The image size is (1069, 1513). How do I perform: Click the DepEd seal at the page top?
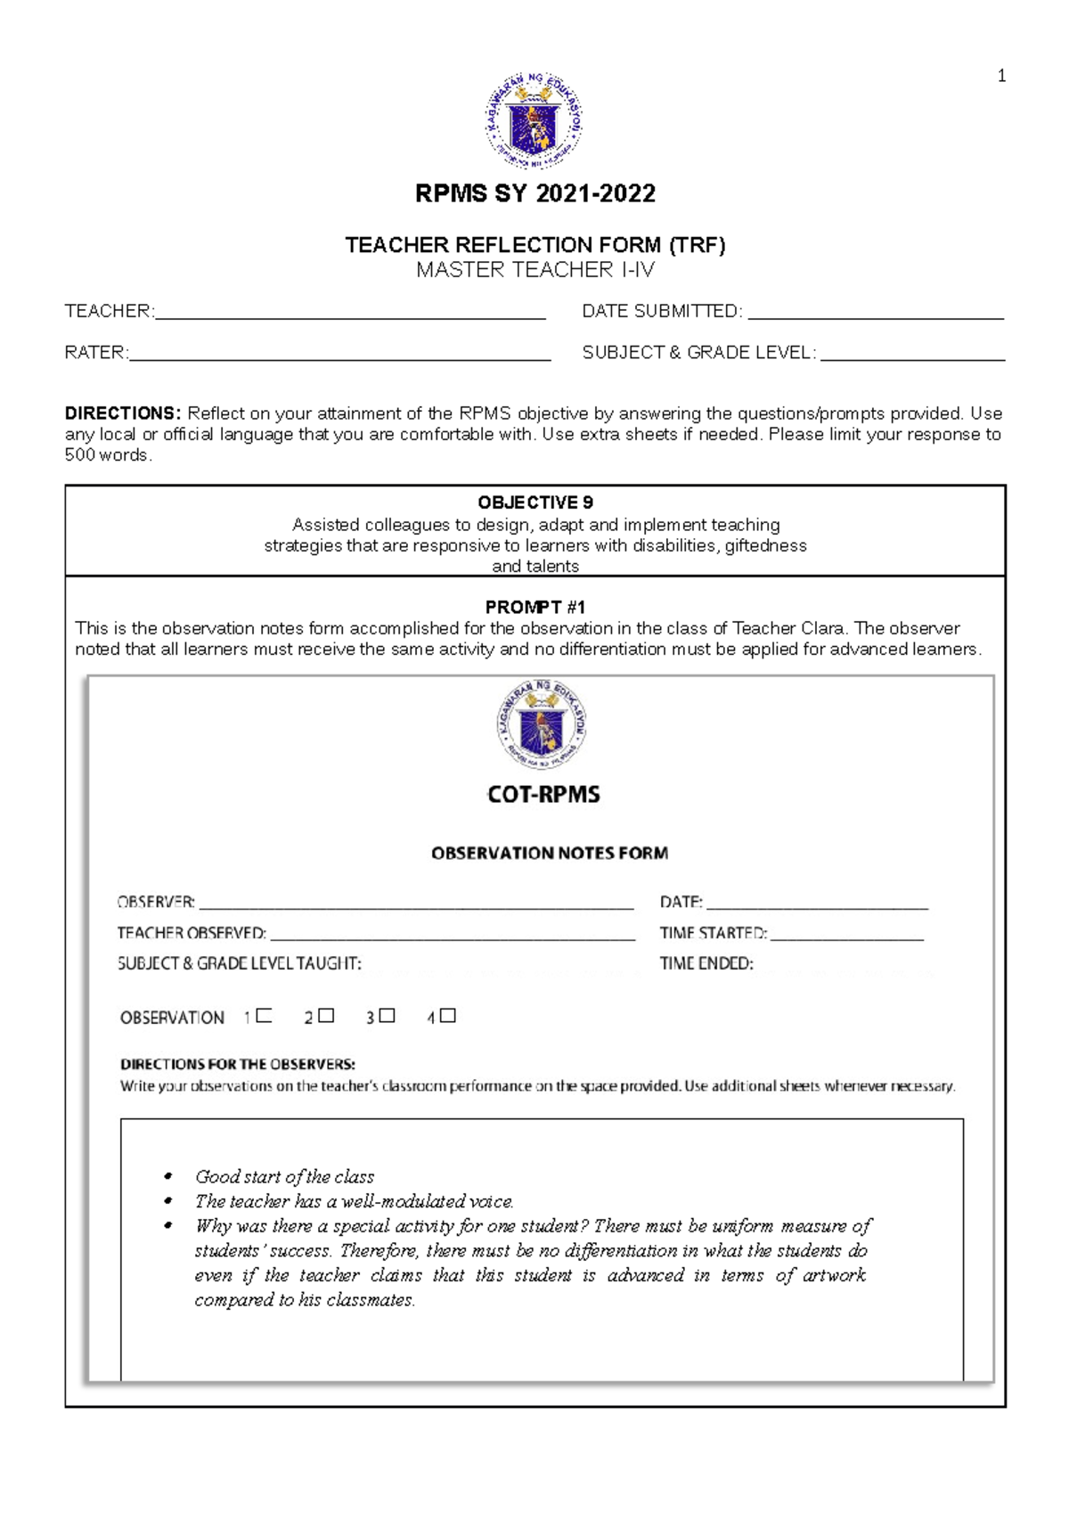click(534, 121)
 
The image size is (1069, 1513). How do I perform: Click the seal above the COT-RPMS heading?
click(542, 724)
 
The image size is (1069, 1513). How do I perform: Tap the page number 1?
click(1001, 77)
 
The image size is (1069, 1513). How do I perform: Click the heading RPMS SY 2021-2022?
click(534, 193)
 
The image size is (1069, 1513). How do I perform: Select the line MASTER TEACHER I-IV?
click(534, 269)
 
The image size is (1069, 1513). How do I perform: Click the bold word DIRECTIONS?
click(123, 413)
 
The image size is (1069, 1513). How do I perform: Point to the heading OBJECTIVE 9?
click(534, 503)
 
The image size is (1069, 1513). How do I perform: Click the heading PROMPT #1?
click(534, 607)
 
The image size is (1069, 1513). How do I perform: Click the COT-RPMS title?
click(543, 794)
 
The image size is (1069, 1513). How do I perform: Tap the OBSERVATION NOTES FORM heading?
click(550, 853)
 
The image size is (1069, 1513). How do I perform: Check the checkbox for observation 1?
click(264, 1016)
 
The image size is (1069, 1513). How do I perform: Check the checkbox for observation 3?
click(387, 1016)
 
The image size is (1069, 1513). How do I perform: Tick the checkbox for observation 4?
click(448, 1016)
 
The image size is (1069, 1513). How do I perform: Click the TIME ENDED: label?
click(706, 963)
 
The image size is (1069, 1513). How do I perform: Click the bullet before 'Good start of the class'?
click(167, 1177)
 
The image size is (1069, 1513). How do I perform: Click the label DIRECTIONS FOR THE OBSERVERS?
click(238, 1064)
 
